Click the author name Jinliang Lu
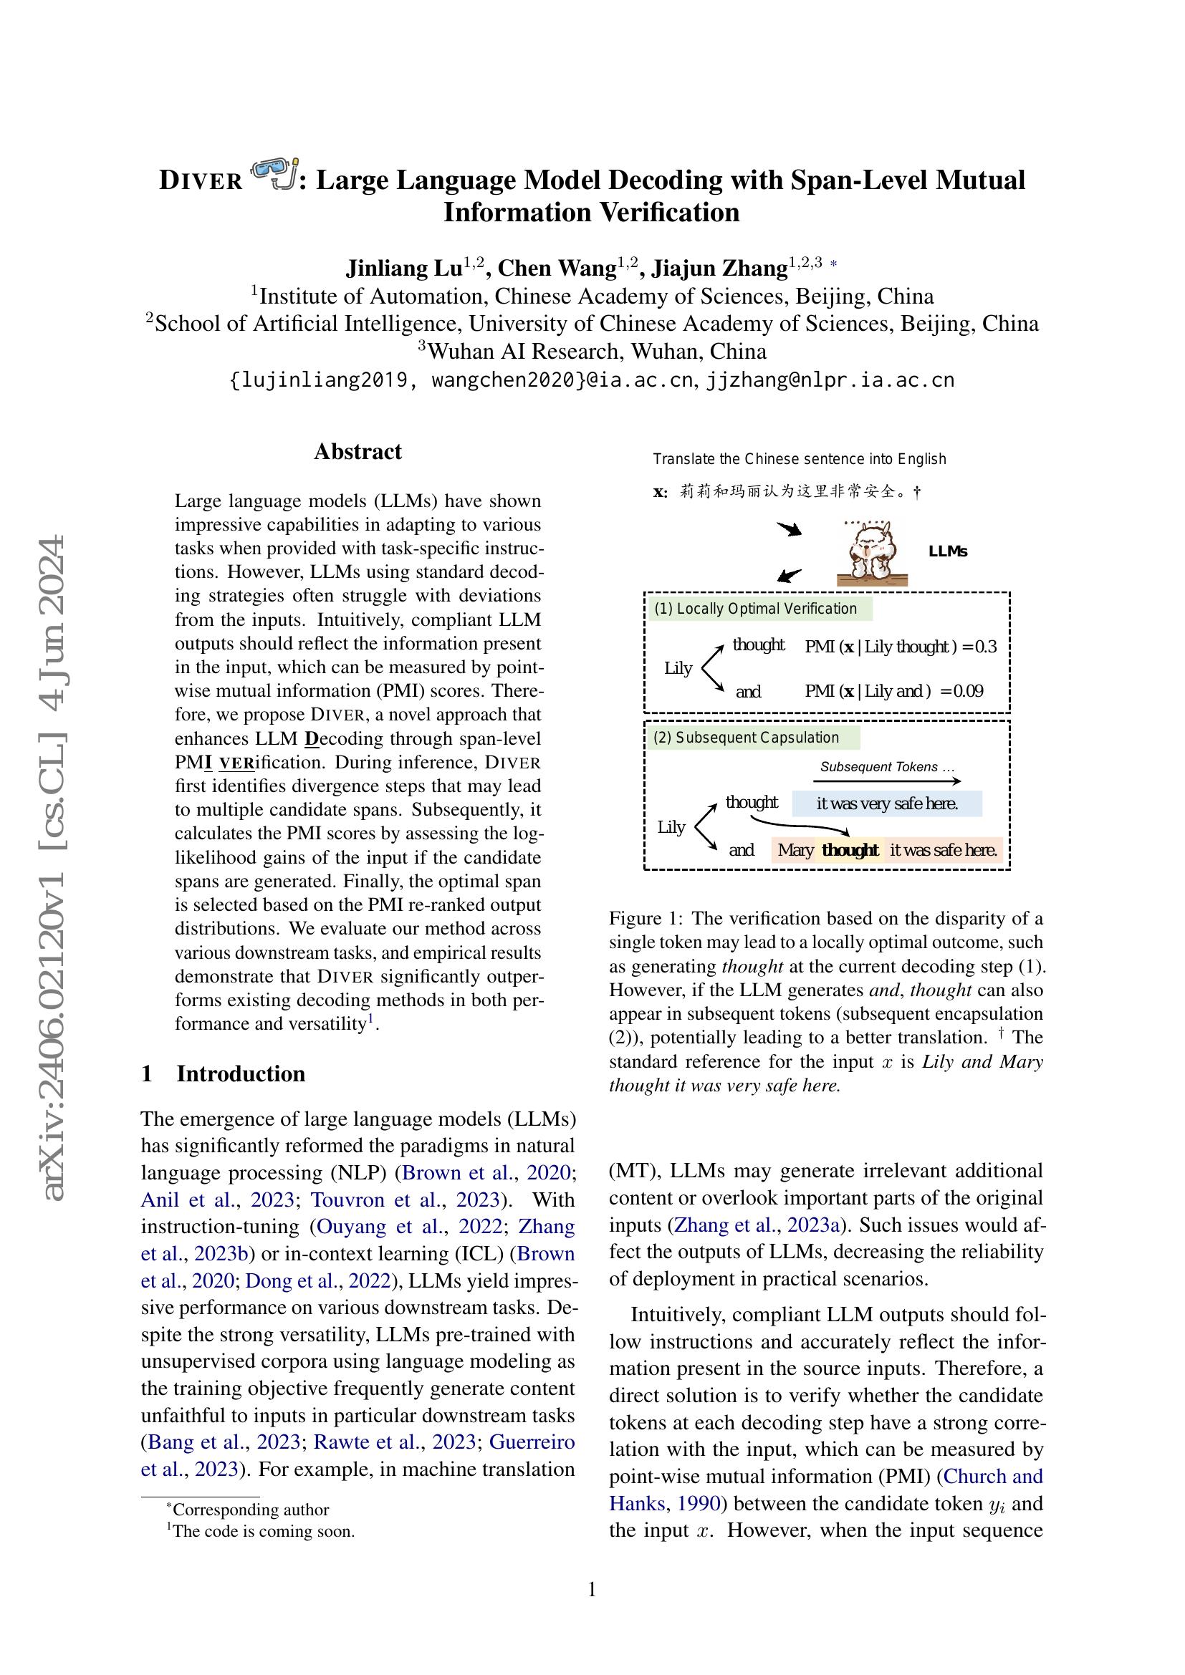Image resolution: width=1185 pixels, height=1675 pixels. point(403,269)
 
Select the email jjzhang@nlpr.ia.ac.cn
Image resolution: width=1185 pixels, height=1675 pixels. point(830,380)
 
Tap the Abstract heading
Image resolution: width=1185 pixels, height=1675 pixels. point(358,452)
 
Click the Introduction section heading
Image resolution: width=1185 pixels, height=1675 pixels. point(240,1074)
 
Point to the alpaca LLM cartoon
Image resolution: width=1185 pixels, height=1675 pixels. point(872,553)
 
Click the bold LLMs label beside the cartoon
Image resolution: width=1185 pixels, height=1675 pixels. point(947,552)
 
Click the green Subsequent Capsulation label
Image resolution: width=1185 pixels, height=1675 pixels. point(752,738)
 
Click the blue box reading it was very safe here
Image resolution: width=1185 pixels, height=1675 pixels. point(886,804)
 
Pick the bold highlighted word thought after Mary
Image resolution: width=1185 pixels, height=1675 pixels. point(850,851)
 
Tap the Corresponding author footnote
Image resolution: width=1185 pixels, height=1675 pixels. point(250,1510)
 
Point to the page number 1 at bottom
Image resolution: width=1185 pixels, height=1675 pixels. point(592,1589)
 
